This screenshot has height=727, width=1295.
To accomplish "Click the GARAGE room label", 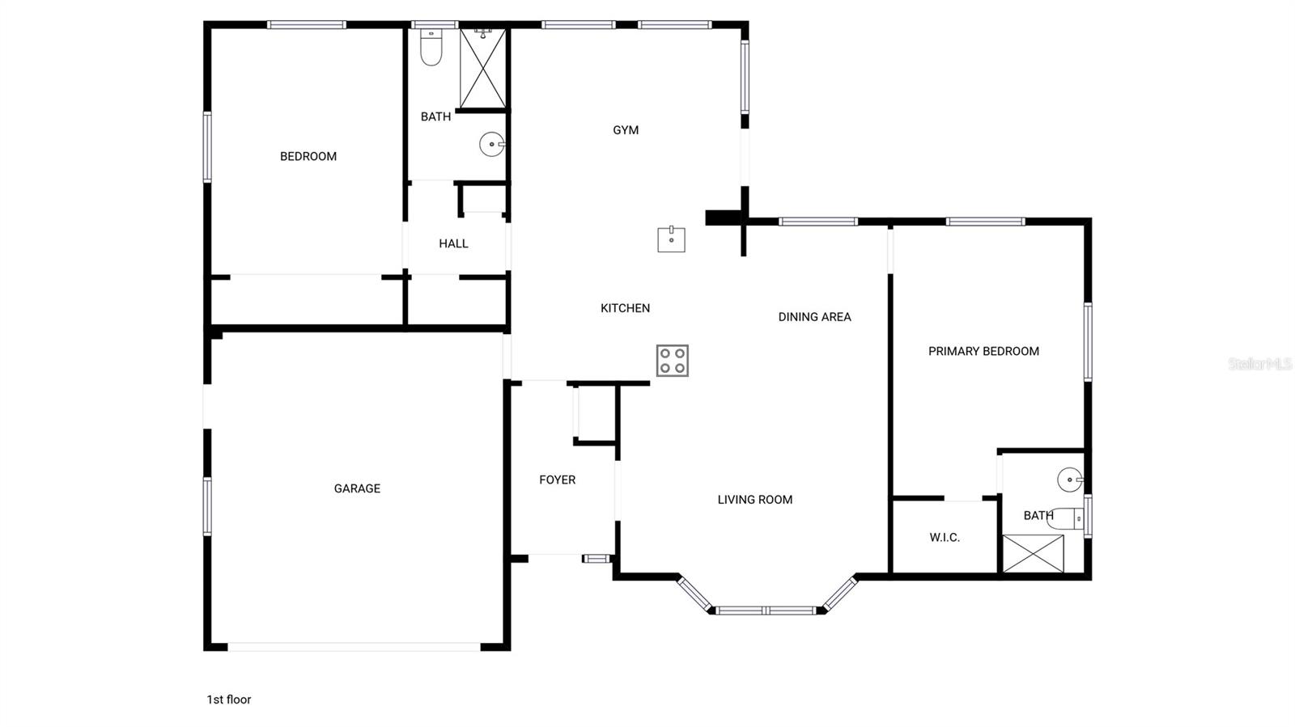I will (357, 488).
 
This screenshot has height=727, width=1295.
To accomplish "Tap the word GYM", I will (626, 130).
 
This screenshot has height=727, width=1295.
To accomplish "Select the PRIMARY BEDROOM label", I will (983, 351).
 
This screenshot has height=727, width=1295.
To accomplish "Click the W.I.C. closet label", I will (945, 538).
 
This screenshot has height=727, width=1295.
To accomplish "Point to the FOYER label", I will (558, 480).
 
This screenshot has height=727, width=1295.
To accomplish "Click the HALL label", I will (453, 243).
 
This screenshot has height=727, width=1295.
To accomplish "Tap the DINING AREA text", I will (814, 317).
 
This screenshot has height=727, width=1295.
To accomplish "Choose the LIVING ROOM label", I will (754, 500).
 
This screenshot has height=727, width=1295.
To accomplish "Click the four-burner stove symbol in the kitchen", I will (672, 361).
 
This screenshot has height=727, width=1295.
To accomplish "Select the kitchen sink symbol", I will (671, 239).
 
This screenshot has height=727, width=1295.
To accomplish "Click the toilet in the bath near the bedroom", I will (431, 49).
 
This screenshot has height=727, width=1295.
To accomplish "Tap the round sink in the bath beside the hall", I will (491, 145).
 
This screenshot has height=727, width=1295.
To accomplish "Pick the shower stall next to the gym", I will (482, 69).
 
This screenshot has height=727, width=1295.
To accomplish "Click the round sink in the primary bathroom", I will (1070, 480).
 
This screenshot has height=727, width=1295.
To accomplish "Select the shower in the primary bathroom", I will (1033, 554).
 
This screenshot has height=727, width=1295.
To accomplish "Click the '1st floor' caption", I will (229, 700).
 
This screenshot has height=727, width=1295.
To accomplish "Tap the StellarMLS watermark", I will (1259, 364).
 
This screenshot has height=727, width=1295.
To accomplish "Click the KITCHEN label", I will (625, 308).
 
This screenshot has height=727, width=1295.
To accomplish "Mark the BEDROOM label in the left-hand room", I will (308, 157).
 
